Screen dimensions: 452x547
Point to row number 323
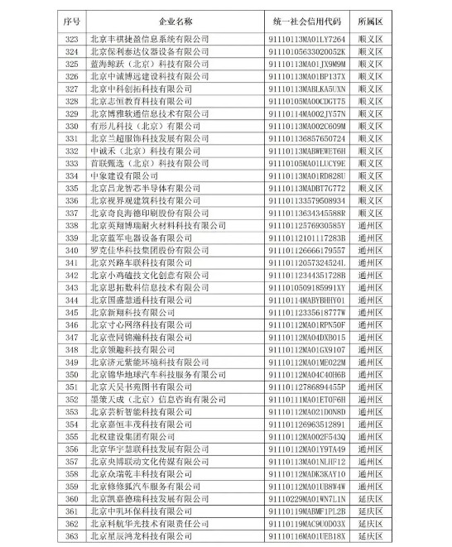pos(74,38)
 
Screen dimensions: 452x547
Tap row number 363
pos(74,535)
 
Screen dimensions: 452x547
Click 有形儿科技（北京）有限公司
pos(146,125)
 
